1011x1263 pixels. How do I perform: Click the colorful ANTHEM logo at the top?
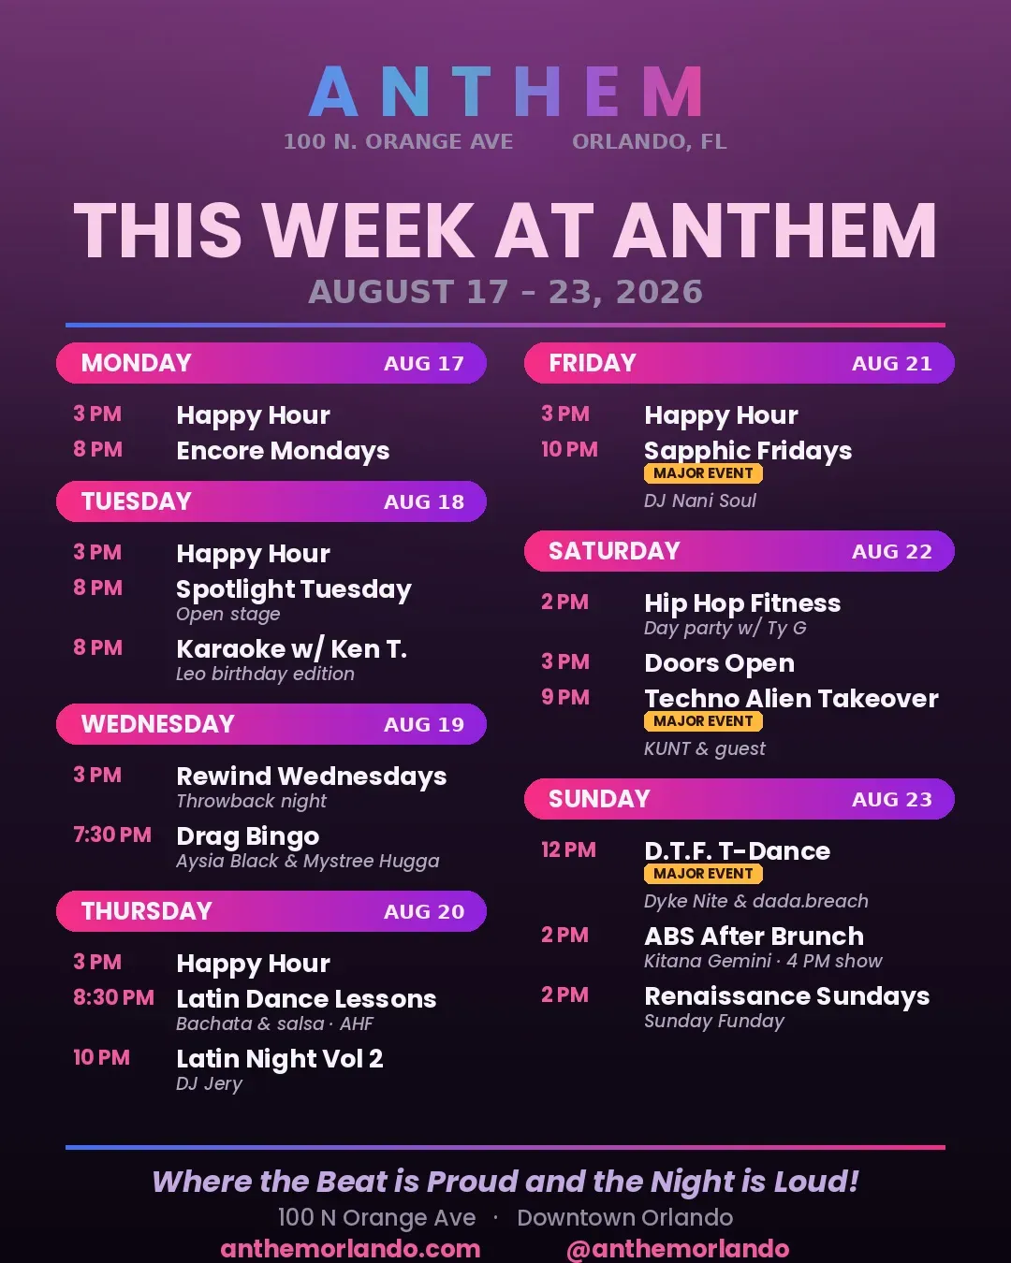[505, 91]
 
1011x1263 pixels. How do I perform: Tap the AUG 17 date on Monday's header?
[423, 363]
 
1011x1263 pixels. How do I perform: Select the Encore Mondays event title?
[283, 451]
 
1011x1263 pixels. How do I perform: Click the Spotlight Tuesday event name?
[294, 589]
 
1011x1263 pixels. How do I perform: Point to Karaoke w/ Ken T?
[291, 648]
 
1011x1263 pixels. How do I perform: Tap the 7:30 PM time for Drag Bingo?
[112, 835]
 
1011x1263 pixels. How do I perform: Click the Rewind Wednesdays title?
[312, 776]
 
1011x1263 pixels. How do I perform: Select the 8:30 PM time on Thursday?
[113, 997]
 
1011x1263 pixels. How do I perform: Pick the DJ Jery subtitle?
[209, 1083]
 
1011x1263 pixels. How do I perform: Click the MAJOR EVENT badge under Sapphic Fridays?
[703, 473]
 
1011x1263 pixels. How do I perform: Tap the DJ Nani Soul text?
[699, 501]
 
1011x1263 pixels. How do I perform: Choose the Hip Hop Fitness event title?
[742, 602]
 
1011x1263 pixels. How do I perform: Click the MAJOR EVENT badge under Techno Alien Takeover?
[703, 720]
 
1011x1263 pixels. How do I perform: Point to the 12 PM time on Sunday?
[568, 849]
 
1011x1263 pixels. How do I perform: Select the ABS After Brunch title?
[755, 936]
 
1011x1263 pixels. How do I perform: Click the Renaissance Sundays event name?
[787, 996]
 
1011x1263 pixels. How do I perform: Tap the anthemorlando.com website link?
[351, 1249]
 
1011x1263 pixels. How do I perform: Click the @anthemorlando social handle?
[678, 1250]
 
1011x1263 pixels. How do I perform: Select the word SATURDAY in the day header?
[614, 551]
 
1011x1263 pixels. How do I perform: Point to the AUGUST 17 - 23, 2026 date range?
[505, 292]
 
